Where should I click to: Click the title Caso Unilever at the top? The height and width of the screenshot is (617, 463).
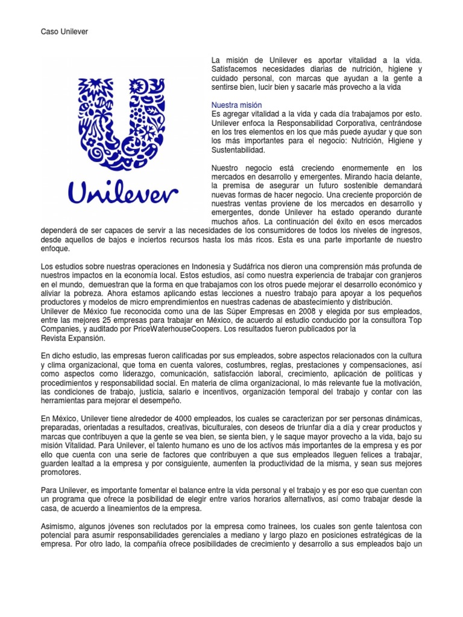click(x=64, y=31)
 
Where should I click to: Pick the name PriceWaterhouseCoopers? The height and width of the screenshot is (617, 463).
click(x=189, y=330)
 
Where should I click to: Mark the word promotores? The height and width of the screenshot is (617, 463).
click(x=60, y=474)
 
